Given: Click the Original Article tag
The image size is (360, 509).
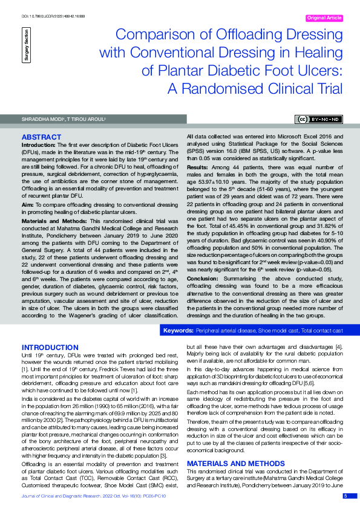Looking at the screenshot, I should coord(325,18).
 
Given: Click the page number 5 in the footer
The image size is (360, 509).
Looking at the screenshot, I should coord(345,496).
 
